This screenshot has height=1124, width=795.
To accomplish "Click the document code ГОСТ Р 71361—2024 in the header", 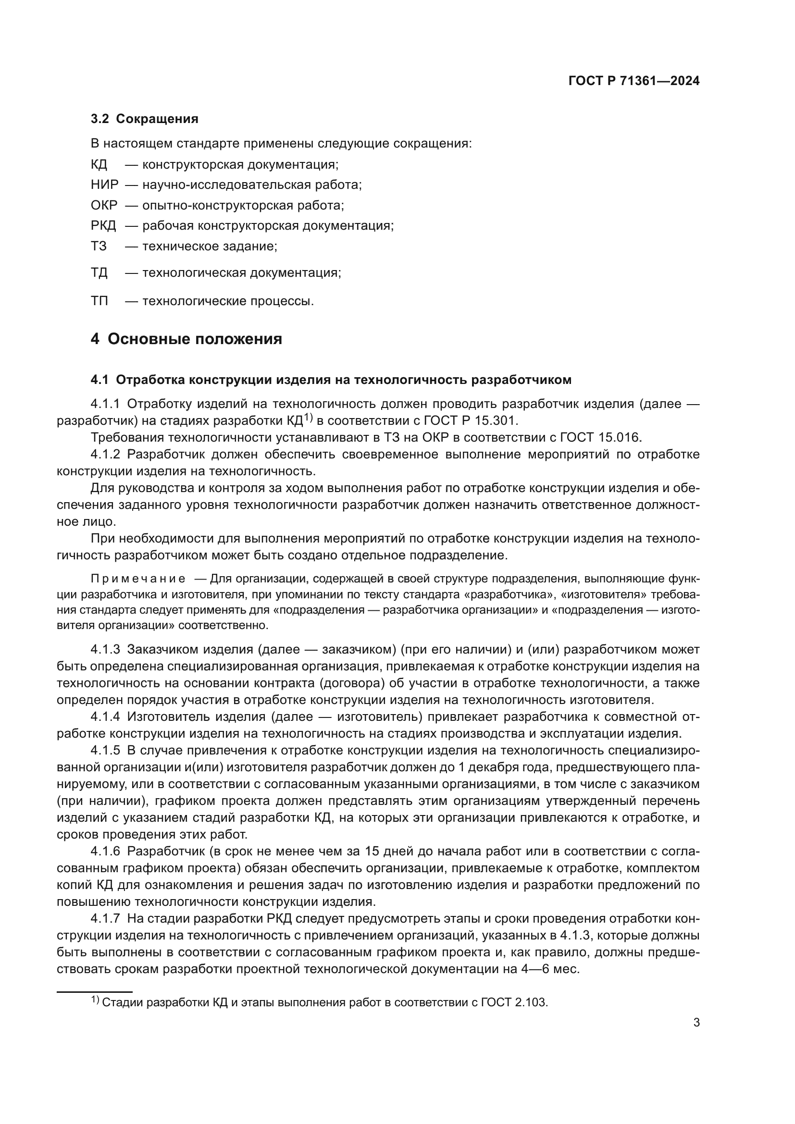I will pos(634,81).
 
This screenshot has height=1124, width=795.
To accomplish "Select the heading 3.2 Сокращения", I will pos(144,119).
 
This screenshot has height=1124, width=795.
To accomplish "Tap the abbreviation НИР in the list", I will pos(104,185).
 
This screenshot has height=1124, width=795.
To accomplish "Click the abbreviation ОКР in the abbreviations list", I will pos(104,205).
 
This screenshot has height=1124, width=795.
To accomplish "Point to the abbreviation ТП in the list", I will pos(99,300).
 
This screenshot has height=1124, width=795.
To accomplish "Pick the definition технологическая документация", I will pos(241,272).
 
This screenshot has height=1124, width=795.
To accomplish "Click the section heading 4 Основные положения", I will pos(186,339).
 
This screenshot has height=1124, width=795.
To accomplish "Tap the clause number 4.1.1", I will pos(105,404).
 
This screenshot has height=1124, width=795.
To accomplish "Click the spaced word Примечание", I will pos(138,579).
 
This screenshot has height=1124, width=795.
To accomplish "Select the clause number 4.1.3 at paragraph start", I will pos(105,650).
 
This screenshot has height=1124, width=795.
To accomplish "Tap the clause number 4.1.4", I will pos(105,716).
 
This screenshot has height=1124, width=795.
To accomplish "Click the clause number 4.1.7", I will pos(105,918).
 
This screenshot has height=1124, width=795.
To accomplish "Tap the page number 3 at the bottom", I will pos(696,1023).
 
